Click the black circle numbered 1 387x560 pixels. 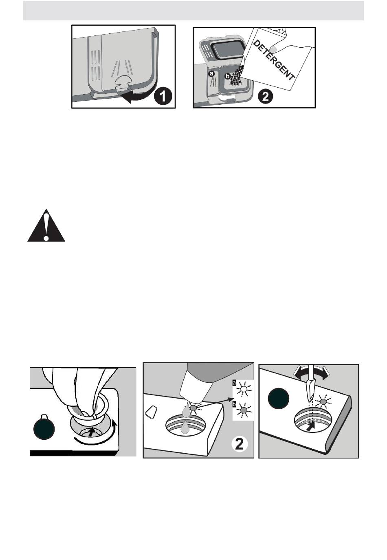click(x=163, y=97)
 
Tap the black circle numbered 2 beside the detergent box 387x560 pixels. click(x=265, y=97)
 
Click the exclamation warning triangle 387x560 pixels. click(x=46, y=227)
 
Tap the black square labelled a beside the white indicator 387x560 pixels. click(x=234, y=383)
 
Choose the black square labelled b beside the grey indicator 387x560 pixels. click(x=234, y=404)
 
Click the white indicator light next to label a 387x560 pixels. click(x=244, y=389)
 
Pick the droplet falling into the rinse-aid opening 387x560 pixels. click(x=186, y=427)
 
